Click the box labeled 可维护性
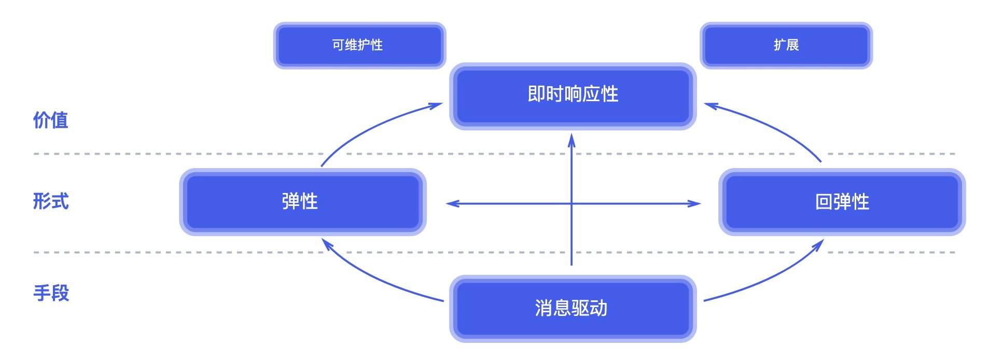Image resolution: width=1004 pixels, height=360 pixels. click(359, 45)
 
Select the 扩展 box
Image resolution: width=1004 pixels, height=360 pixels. click(786, 45)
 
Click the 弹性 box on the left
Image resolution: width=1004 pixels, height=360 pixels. click(302, 201)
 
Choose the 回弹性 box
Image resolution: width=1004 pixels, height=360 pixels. click(841, 201)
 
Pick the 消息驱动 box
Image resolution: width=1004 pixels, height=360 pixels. click(573, 308)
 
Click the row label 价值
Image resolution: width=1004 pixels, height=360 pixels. click(50, 120)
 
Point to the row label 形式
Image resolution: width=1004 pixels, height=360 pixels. click(50, 201)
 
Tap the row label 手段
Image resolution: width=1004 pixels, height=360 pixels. click(50, 293)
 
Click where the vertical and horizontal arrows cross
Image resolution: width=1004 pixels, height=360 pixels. click(571, 204)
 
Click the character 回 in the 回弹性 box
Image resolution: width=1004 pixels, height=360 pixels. click(823, 202)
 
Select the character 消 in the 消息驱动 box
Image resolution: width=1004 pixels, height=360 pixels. click(543, 308)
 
